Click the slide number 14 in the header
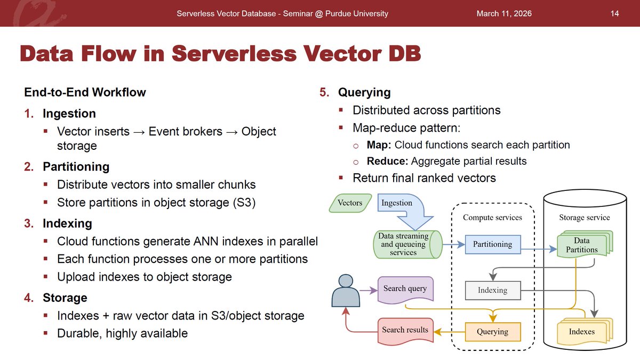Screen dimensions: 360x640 point(614,13)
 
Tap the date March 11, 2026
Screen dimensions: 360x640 point(504,13)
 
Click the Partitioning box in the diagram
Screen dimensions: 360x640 point(492,244)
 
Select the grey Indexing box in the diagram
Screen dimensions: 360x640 point(492,290)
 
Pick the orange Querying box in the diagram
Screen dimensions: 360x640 point(492,331)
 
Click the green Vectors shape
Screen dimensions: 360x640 point(350,203)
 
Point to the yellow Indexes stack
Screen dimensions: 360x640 point(582,331)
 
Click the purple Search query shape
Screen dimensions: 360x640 point(405,289)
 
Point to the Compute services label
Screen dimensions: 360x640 point(492,217)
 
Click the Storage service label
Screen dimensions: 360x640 point(584,217)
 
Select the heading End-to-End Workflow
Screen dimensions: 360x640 point(85,92)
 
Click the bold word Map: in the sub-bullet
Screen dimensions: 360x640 point(379,145)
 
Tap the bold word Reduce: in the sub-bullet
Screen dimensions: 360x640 point(386,161)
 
